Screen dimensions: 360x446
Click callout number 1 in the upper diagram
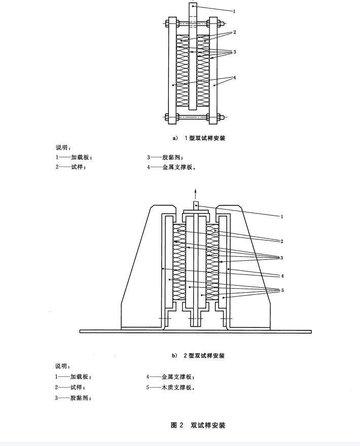[x=234, y=11]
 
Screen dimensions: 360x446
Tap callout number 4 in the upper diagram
[x=234, y=77]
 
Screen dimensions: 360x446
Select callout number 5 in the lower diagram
[x=282, y=290]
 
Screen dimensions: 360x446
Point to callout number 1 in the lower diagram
[x=282, y=217]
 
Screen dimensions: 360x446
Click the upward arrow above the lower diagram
[x=195, y=195]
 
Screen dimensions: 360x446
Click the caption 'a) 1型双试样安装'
[x=199, y=138]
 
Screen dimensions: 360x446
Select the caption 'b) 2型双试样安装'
[x=198, y=356]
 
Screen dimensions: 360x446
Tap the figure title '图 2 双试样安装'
[x=198, y=425]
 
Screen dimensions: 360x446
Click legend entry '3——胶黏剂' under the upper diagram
[x=165, y=157]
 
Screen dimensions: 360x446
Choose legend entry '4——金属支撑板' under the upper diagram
[x=171, y=167]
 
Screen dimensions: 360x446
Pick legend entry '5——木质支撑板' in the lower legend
[x=170, y=387]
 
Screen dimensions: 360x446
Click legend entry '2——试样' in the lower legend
[x=70, y=387]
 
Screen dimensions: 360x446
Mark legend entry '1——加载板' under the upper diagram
[x=74, y=157]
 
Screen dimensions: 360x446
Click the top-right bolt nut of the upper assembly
[x=220, y=24]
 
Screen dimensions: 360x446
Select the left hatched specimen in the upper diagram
[x=183, y=71]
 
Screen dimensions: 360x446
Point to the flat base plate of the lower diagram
[x=196, y=331]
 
